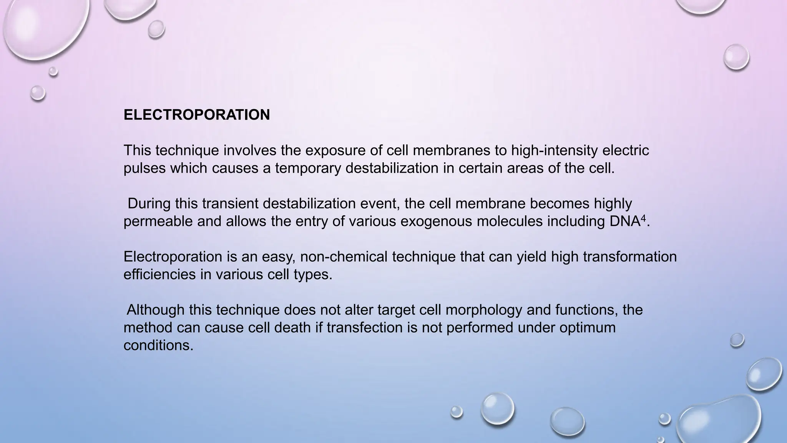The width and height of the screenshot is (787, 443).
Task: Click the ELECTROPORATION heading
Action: coord(196,115)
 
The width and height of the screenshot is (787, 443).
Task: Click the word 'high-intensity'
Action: coord(554,150)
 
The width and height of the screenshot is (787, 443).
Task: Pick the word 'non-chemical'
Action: coord(344,256)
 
